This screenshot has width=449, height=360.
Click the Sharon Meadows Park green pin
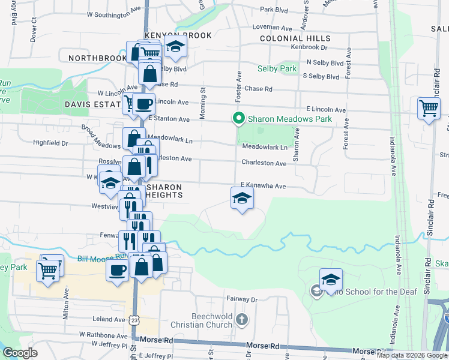click(x=238, y=119)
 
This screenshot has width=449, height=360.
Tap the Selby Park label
click(x=277, y=69)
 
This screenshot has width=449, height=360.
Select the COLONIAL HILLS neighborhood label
click(x=295, y=38)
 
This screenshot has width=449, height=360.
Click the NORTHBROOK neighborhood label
click(x=98, y=58)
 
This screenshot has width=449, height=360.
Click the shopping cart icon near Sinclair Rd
click(x=429, y=108)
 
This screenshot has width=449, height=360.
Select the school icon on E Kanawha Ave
click(x=241, y=199)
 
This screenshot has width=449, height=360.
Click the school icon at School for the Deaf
click(x=331, y=280)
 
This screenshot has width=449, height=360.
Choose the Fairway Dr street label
click(x=242, y=299)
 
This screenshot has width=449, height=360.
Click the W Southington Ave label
click(x=113, y=13)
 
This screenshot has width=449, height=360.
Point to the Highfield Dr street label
click(x=51, y=143)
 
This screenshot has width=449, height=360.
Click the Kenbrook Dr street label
click(x=309, y=47)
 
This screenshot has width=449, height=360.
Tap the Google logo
click(x=20, y=353)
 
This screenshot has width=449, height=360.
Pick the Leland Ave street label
click(x=108, y=319)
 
